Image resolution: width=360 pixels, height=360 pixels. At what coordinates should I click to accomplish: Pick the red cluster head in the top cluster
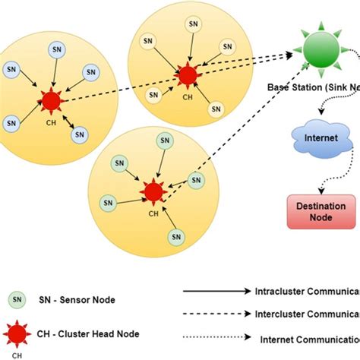pos(187,74)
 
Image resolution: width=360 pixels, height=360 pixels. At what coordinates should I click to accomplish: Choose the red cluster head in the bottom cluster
pos(153,191)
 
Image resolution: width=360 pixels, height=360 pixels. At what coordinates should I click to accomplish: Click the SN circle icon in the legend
pos(16,299)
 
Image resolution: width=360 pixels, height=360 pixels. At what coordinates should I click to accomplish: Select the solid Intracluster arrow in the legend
pos(216,290)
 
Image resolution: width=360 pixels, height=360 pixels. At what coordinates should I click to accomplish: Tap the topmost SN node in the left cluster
pos(57,49)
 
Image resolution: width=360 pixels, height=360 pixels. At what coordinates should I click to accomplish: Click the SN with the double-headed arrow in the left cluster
pos(79,134)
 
